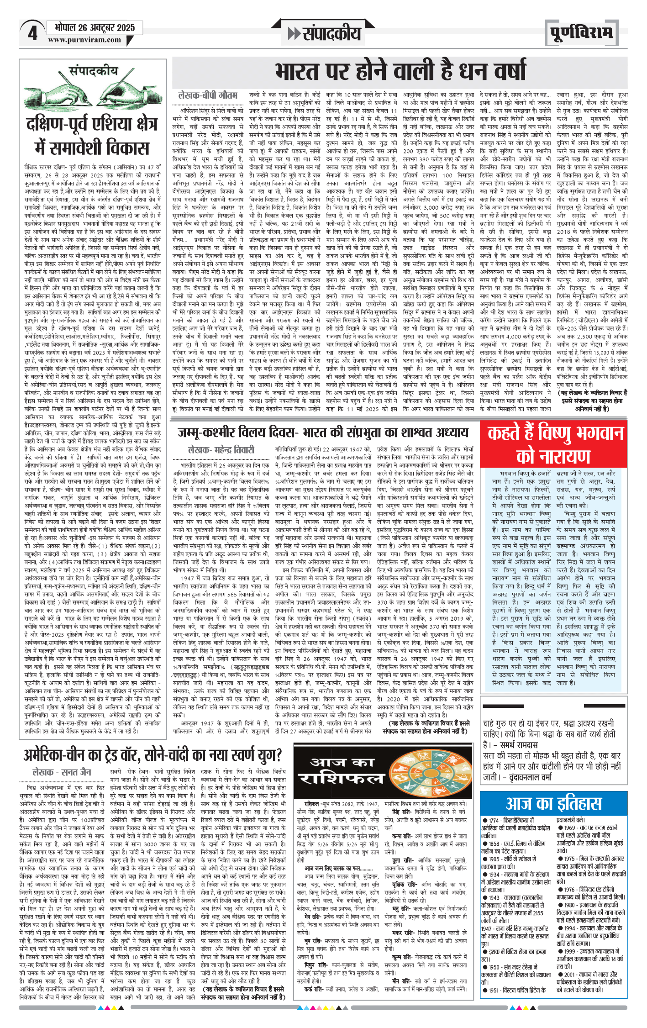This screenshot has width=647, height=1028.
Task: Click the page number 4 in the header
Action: (x=32, y=33)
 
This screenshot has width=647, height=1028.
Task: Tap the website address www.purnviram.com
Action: (x=84, y=40)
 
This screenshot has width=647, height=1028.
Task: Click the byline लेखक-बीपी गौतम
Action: (x=208, y=95)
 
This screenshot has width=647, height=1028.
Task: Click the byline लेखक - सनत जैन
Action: (x=62, y=772)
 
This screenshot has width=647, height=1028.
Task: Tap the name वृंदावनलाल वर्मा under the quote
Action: (x=531, y=777)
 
